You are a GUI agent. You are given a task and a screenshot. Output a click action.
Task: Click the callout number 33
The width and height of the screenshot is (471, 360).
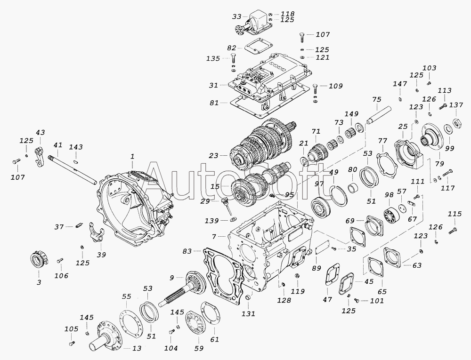[x=236, y=16]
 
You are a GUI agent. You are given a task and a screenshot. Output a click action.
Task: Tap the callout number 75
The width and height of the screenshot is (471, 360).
[x=376, y=99]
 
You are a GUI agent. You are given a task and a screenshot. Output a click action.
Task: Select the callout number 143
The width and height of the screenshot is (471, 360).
[x=76, y=147]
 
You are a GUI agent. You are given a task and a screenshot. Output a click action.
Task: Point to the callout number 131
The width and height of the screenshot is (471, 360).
[x=248, y=314]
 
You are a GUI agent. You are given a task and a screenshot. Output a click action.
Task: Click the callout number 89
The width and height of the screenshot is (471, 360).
[x=317, y=268]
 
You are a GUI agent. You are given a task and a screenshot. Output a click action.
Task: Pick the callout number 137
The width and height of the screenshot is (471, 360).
[x=456, y=105]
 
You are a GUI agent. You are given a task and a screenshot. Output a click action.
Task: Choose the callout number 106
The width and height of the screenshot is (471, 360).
[x=61, y=275]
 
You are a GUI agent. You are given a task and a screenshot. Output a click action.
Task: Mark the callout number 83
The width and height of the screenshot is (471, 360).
[x=187, y=251]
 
